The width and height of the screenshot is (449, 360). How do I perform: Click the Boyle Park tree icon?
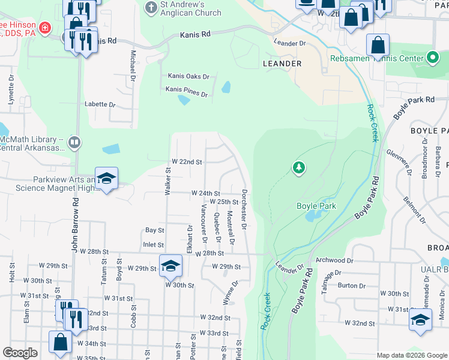point(298,167)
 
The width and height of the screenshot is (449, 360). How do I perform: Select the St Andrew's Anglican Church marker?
point(151,7)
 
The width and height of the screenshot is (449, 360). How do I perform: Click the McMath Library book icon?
point(74,143)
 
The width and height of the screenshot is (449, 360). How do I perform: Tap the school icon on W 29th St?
point(170,266)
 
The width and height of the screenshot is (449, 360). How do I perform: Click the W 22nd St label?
point(187,162)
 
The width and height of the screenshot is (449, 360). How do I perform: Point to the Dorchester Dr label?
point(244,210)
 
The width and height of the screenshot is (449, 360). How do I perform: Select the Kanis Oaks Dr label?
point(188,77)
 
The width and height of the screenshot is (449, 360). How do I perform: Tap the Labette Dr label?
point(100,104)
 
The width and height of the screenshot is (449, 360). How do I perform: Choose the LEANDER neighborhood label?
point(282,63)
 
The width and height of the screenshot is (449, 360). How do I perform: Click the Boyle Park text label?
point(316,206)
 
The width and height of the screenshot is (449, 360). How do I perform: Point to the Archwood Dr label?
point(334,260)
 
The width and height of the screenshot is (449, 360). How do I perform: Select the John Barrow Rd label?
point(76,223)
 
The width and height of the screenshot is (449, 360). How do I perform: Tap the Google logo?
point(20,353)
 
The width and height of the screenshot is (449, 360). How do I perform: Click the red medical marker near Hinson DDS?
point(44,28)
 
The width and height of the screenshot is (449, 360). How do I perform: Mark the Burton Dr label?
point(348,286)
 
